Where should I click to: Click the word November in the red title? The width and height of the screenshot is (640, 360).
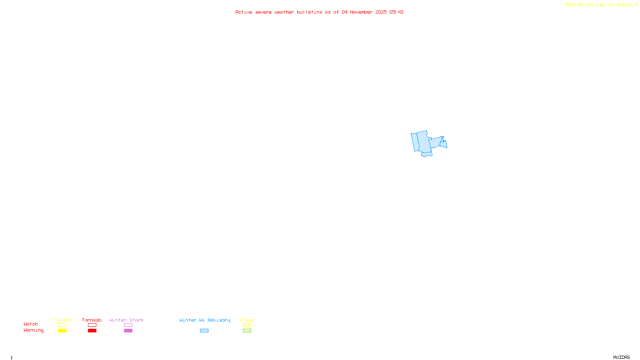[x=361, y=12]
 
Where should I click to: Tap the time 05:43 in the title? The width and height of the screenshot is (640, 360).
[x=396, y=12]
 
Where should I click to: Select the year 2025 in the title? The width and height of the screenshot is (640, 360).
[x=381, y=12]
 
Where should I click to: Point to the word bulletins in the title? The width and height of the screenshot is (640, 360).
[x=310, y=12]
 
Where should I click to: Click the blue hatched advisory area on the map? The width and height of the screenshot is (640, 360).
[x=423, y=142]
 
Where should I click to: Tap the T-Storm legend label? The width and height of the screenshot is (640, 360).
[x=62, y=320]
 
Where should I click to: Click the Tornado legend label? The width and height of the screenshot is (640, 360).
[x=92, y=320]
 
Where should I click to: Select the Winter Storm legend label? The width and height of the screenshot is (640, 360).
[x=126, y=320]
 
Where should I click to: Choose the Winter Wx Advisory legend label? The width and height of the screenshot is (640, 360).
[x=205, y=320]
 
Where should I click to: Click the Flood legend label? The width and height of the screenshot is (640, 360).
[x=247, y=320]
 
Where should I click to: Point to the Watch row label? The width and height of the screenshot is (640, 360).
[x=31, y=324]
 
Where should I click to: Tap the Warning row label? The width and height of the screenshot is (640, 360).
[x=34, y=330]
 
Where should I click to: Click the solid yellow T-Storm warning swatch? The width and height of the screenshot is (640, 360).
[x=62, y=331]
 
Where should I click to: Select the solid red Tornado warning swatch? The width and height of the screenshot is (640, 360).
[x=92, y=331]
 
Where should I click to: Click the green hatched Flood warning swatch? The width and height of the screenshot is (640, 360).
[x=247, y=331]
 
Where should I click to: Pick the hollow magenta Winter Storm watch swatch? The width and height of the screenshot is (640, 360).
[x=128, y=325]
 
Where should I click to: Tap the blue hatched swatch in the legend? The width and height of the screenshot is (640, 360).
[x=204, y=331]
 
